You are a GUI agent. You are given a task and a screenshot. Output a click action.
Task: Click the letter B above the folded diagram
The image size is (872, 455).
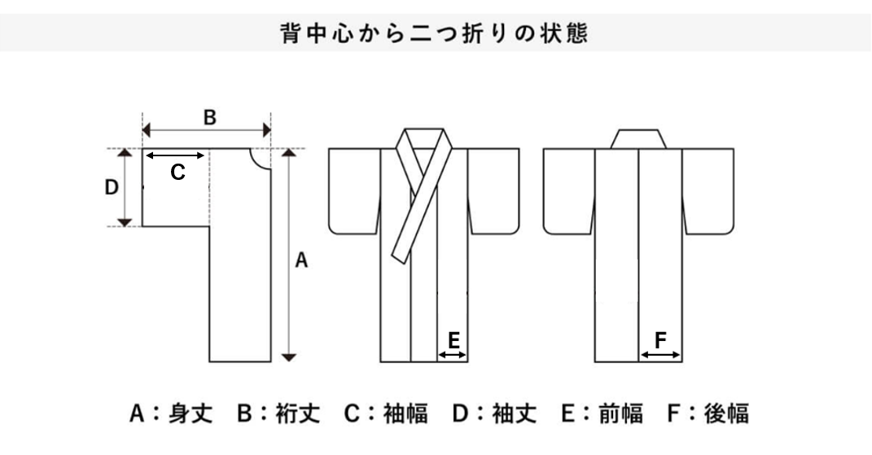[x=209, y=117]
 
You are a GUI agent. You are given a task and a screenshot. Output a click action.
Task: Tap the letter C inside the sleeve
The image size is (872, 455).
[x=177, y=173]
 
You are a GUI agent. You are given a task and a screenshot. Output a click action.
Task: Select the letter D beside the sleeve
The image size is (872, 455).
[x=112, y=188]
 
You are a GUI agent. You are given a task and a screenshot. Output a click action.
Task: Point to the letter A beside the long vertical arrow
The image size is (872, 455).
[x=301, y=260]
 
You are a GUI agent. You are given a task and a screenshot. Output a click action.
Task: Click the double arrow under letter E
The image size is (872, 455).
[x=453, y=354]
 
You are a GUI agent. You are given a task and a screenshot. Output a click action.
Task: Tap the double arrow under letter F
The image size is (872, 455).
[x=660, y=354]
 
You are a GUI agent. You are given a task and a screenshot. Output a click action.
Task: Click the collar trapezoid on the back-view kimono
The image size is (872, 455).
[x=640, y=139]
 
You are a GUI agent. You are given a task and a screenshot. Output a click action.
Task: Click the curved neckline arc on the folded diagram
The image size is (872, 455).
[x=261, y=160]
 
